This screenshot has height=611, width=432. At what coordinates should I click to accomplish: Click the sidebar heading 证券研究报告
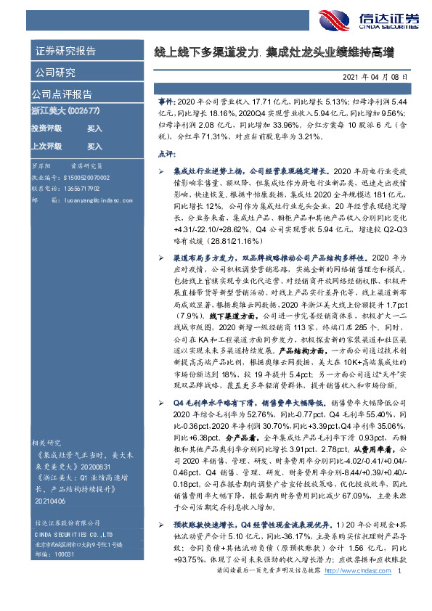coord(65,52)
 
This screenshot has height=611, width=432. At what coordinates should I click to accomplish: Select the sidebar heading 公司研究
coord(55,73)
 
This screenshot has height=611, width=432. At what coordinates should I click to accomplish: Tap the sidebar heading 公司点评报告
coord(61,94)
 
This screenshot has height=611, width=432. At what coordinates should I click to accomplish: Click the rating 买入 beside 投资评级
coord(95,128)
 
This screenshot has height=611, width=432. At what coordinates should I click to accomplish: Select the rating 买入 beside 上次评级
coord(95,146)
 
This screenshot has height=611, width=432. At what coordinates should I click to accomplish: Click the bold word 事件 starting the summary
coord(166,104)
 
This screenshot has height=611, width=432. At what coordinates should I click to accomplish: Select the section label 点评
coord(166,155)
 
